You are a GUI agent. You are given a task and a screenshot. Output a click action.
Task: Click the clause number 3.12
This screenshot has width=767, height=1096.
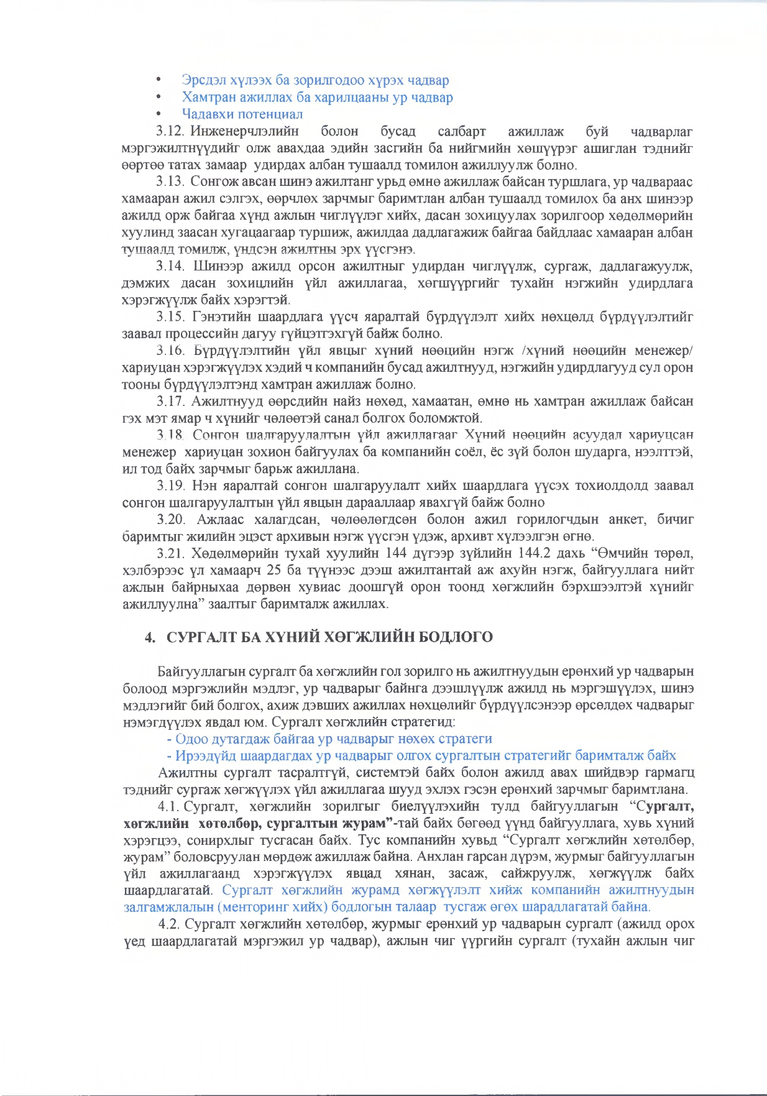tap(169, 131)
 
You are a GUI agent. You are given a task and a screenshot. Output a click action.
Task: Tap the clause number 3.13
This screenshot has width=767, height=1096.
tap(170, 182)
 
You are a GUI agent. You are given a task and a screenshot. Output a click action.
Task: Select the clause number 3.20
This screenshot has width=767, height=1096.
tap(172, 519)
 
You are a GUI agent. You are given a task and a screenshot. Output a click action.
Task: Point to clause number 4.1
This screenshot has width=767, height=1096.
tap(168, 806)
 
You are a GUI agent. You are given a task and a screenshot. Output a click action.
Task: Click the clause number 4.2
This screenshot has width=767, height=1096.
tap(168, 924)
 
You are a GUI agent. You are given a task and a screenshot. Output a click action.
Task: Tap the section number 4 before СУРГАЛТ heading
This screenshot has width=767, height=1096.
tap(149, 637)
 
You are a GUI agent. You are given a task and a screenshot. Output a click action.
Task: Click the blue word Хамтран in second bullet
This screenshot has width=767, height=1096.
tap(209, 97)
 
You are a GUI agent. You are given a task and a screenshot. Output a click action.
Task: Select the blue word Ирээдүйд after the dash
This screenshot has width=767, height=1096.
tap(206, 755)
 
